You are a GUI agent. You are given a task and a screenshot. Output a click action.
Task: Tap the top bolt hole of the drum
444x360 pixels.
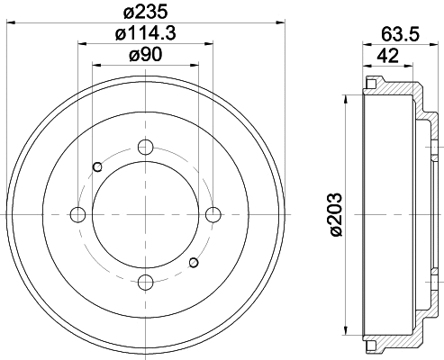click(144, 146)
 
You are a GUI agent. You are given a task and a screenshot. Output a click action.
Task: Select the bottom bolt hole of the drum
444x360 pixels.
click(144, 283)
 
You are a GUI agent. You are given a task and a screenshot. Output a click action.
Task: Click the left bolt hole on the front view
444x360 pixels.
click(77, 214)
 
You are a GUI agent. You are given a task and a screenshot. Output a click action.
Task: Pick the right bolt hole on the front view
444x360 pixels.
click(213, 214)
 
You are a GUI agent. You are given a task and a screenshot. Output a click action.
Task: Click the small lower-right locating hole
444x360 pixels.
click(193, 262)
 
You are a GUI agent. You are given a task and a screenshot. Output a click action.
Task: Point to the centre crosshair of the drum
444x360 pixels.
click(144, 214)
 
